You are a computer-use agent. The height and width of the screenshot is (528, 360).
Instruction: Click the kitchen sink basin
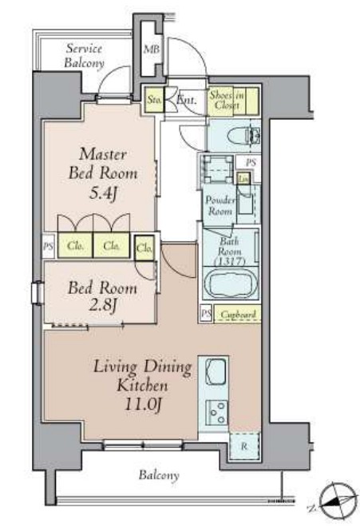(216, 371)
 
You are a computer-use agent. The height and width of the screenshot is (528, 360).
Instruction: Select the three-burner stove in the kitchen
(216, 412)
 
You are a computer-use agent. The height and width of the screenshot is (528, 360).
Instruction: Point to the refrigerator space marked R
(244, 447)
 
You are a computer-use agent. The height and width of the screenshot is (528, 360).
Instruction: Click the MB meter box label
(152, 50)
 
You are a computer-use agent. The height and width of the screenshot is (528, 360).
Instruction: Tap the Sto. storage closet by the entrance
(154, 100)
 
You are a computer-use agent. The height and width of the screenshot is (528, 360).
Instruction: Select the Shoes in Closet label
(227, 100)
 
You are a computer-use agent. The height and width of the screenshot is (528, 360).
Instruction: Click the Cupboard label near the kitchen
(238, 315)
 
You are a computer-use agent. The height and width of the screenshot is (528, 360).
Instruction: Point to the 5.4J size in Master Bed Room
(103, 193)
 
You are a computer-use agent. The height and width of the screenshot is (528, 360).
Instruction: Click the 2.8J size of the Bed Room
(103, 306)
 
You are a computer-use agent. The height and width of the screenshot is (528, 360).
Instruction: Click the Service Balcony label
(84, 56)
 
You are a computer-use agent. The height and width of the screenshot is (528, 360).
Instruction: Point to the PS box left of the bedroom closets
(48, 246)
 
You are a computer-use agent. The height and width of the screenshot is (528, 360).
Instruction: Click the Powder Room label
(220, 205)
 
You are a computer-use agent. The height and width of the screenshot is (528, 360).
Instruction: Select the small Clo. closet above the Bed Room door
(144, 248)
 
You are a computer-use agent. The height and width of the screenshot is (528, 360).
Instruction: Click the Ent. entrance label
(187, 100)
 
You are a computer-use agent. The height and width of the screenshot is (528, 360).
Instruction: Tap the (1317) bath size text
(231, 260)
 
